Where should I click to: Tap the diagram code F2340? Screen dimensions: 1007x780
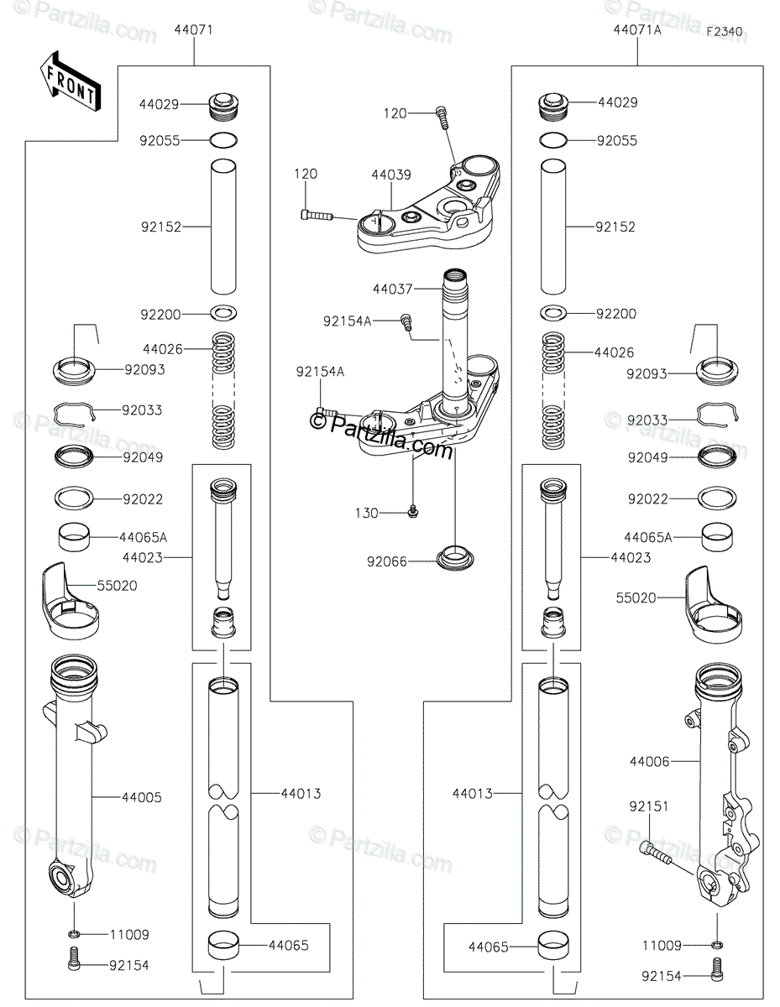724,32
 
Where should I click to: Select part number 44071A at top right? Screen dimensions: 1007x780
636,30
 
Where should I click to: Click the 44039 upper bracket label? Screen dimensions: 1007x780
391,175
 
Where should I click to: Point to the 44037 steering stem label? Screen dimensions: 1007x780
392,289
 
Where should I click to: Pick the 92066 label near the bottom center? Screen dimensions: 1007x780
386,561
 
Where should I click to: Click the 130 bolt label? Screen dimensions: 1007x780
367,513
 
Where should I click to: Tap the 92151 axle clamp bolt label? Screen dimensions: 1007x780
648,806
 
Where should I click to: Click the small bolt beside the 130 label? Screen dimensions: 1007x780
412,511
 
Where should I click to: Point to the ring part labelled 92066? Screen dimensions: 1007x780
454,556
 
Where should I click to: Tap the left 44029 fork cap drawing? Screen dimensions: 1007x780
222,106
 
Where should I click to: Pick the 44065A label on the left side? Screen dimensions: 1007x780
144,536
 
